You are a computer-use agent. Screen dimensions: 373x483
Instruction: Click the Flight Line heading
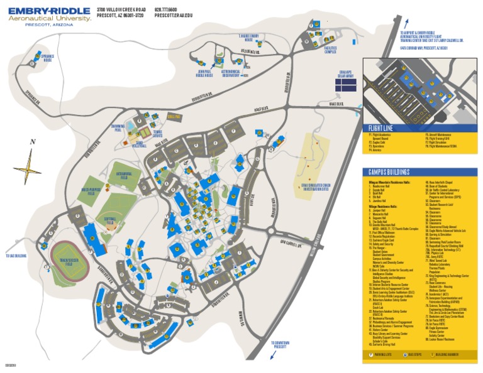tap(382, 128)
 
